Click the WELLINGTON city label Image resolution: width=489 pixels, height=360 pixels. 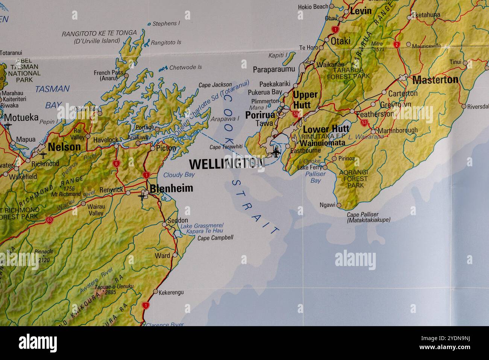[x=227, y=164]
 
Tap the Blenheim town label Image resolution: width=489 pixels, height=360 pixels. [x=171, y=188]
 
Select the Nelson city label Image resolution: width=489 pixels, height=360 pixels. [x=64, y=147]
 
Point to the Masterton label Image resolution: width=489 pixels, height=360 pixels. [x=435, y=80]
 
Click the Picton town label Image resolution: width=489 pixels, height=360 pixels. [x=166, y=148]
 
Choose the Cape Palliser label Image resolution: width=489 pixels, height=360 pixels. [x=363, y=214]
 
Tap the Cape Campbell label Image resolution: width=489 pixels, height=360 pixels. [x=215, y=238]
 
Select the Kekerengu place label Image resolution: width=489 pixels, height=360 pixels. [x=171, y=292]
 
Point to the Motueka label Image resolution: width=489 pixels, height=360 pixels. [x=21, y=117]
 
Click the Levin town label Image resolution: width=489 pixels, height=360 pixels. [x=361, y=11]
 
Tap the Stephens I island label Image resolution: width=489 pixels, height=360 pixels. [x=166, y=23]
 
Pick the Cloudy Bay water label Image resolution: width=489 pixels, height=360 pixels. [x=179, y=175]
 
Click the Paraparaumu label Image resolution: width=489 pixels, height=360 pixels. [x=274, y=69]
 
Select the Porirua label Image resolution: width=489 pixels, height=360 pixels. [x=260, y=115]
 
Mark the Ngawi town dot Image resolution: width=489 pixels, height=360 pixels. [x=339, y=205]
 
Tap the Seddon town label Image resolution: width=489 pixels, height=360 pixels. [x=178, y=220]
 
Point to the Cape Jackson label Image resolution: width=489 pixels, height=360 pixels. [x=215, y=85]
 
